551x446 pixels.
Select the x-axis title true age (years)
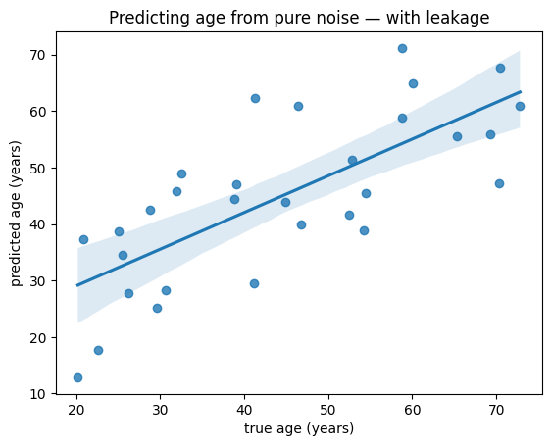299,428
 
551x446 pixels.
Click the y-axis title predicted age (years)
16,214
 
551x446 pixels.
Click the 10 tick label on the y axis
38,394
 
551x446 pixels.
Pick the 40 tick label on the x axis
244,410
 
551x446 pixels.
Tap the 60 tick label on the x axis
412,410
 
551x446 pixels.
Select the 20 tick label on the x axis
76,410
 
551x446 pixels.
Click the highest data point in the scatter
402,48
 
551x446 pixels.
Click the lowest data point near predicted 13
77,377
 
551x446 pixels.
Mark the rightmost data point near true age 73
520,106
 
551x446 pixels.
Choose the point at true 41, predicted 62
256,98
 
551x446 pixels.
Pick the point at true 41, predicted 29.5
254,283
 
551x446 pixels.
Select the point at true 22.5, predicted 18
98,350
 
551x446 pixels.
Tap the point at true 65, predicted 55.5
457,136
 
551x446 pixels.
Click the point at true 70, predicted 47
499,183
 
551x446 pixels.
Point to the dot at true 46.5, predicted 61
298,106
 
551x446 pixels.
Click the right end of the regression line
521,92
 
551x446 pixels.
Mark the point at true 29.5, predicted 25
158,308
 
